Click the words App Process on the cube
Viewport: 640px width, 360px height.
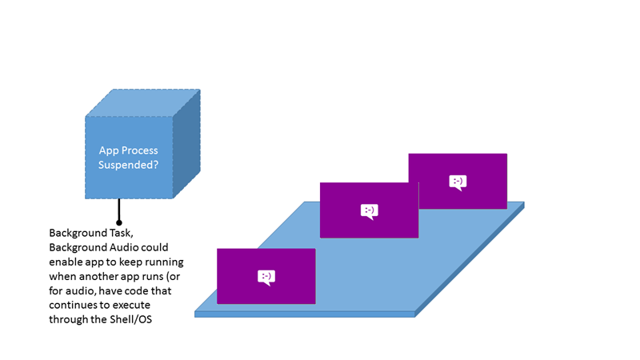[128, 150]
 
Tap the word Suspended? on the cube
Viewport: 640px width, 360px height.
[128, 164]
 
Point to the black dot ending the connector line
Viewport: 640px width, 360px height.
[119, 222]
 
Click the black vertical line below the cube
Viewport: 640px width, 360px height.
[119, 210]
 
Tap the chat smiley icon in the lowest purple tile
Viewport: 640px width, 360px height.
[266, 277]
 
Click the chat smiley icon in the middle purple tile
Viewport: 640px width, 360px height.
[369, 211]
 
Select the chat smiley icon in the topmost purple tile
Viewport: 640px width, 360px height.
[458, 182]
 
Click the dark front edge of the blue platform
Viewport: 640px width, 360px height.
[304, 314]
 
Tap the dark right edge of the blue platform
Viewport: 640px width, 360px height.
[472, 260]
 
